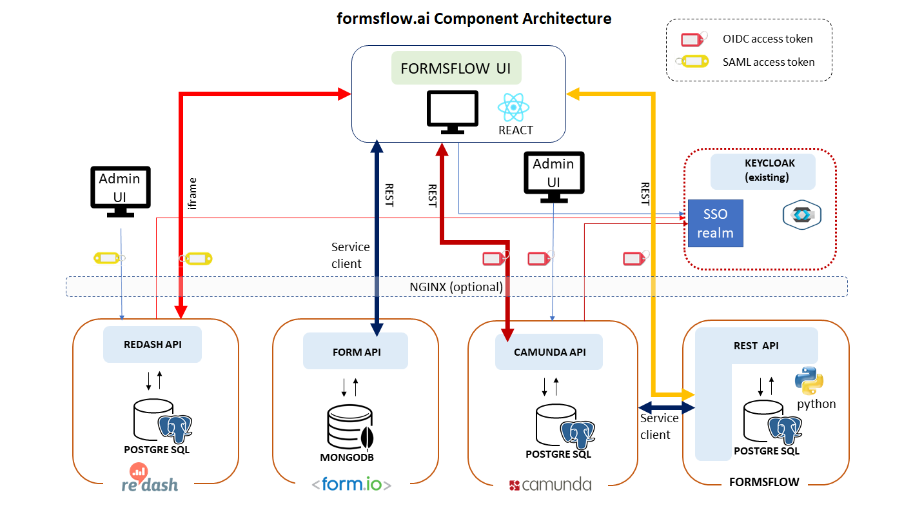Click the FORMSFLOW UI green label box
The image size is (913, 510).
(x=456, y=68)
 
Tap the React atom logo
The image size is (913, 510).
(x=514, y=107)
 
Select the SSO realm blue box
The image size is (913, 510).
(x=715, y=223)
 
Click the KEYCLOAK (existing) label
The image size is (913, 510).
(x=763, y=170)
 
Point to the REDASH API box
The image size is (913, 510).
(x=152, y=345)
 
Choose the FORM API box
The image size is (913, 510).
(x=356, y=351)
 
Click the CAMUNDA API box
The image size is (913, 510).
(x=549, y=352)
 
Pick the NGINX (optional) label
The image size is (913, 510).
(x=456, y=287)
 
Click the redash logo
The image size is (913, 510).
(x=150, y=479)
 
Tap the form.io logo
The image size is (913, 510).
(x=351, y=484)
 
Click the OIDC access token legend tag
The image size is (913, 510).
(x=694, y=39)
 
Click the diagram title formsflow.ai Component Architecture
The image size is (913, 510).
(x=474, y=18)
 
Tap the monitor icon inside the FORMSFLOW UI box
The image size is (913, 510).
(x=453, y=112)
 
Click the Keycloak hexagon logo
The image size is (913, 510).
(x=801, y=215)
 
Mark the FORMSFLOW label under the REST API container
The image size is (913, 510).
(x=764, y=482)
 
